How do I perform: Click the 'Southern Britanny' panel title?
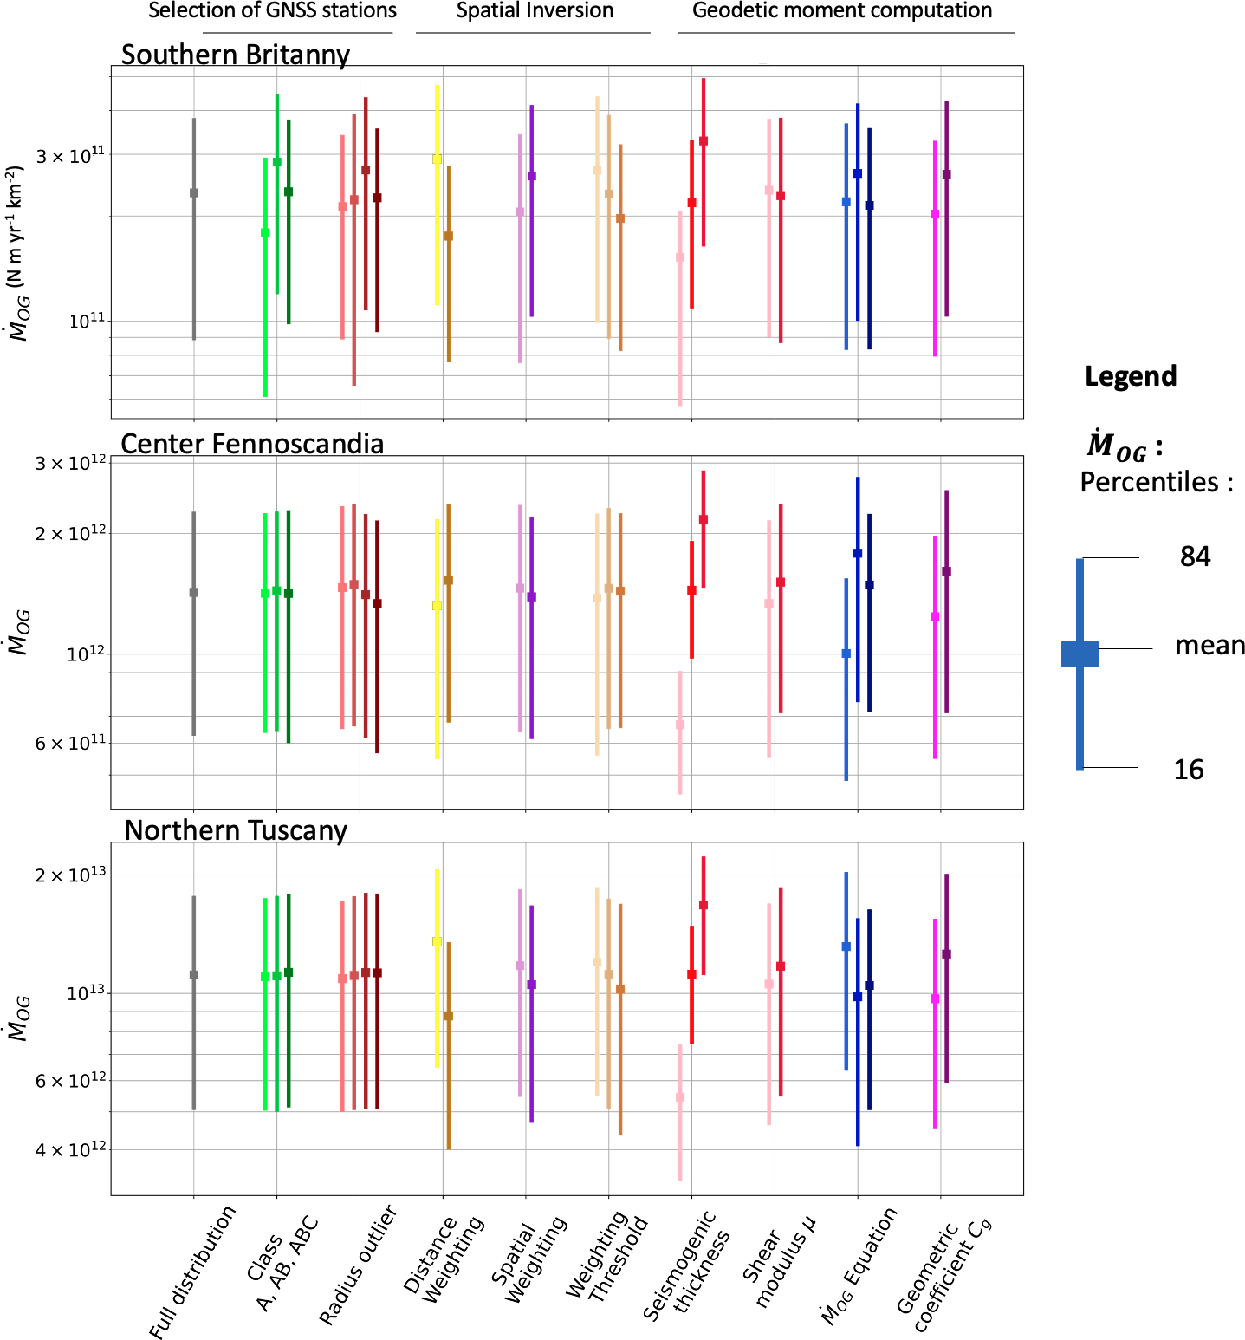235,55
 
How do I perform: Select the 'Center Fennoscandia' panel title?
251,444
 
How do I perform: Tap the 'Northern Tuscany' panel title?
236,830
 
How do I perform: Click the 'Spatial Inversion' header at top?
535,11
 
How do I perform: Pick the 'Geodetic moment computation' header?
841,11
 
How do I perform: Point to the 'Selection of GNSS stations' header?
272,11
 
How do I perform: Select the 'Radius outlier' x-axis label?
357,1265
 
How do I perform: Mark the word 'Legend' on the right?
1130,376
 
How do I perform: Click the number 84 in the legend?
1195,556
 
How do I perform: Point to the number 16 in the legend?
1189,770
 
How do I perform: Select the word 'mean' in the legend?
1209,646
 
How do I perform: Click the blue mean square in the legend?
1080,654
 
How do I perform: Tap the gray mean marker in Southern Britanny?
194,192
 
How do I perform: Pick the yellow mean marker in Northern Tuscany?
437,941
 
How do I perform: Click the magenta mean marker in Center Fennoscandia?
935,617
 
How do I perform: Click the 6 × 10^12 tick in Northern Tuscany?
70,1081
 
